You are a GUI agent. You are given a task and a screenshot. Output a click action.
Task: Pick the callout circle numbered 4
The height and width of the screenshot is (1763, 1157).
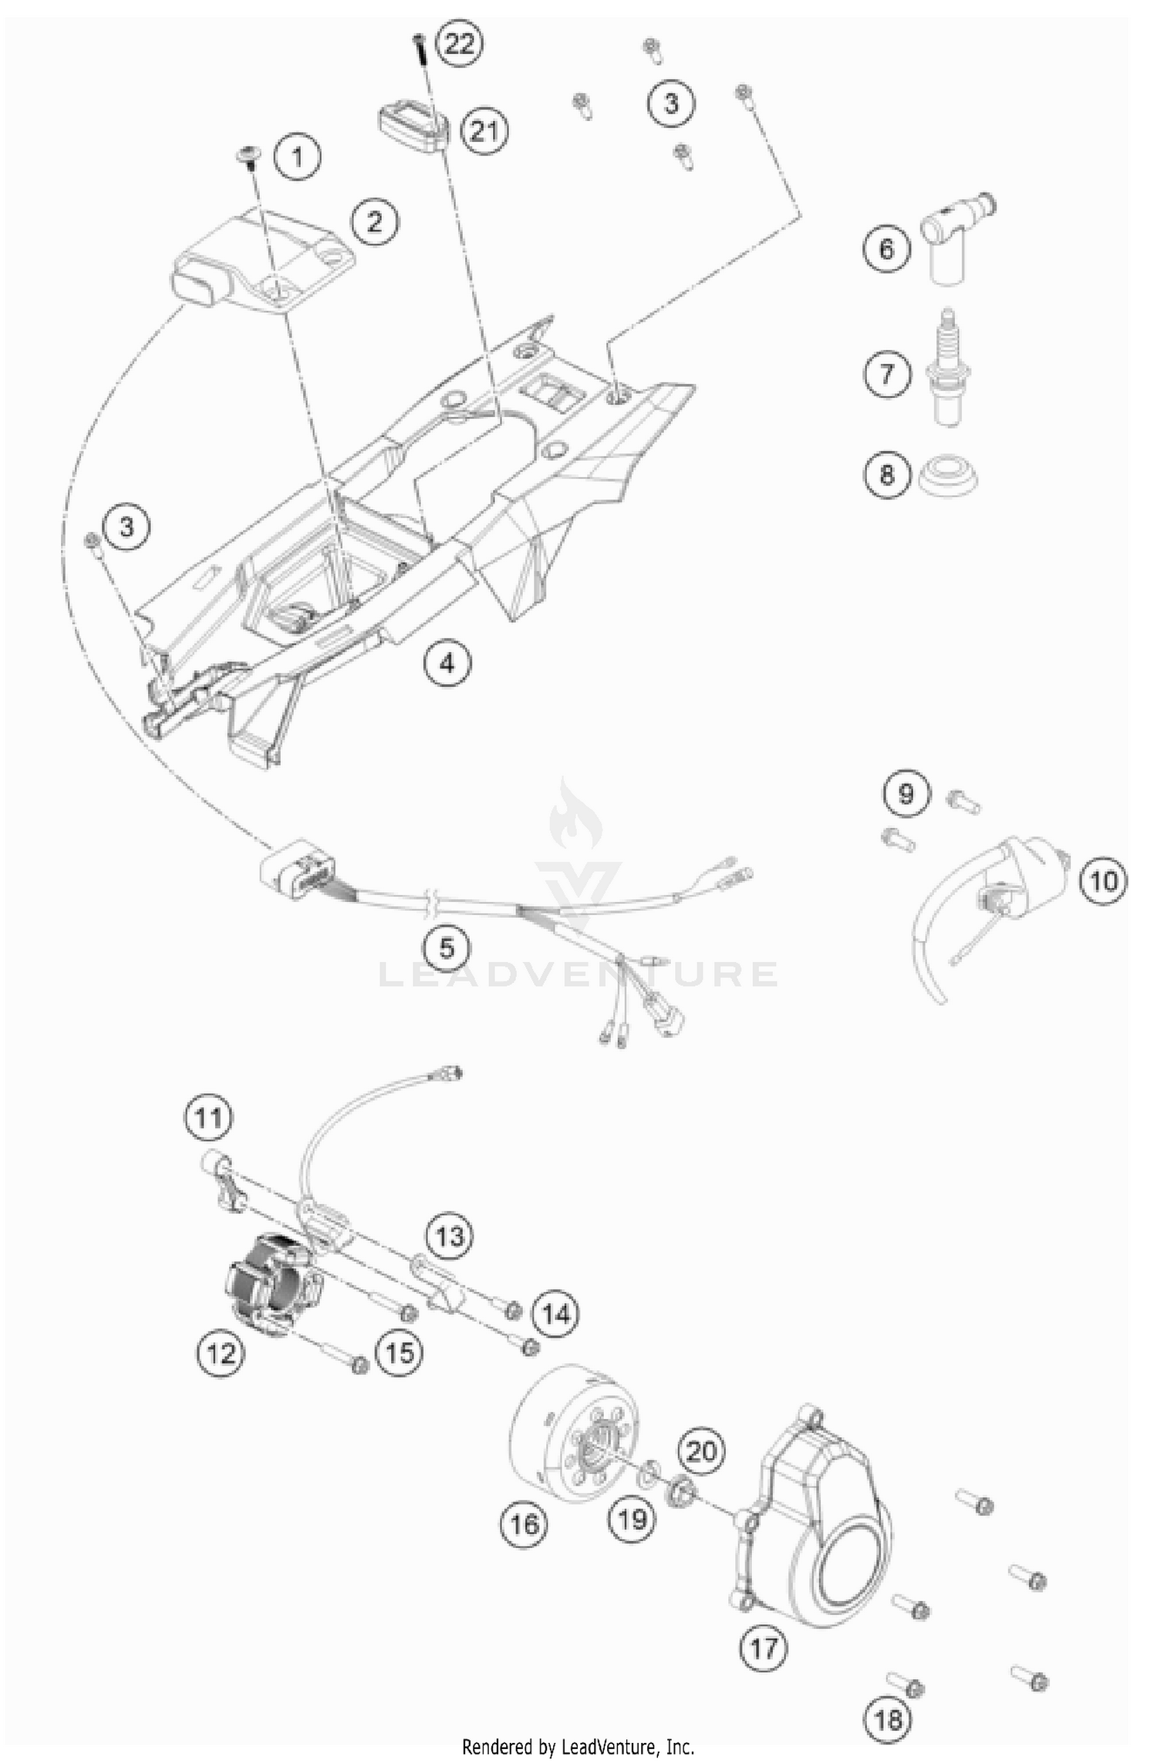448,661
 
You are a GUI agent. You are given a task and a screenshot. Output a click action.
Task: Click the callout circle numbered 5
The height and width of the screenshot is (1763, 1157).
447,947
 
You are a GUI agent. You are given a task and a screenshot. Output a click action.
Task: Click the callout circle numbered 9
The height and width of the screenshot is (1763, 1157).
906,793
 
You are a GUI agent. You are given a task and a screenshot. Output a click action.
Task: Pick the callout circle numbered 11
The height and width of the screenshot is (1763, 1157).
208,1117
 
